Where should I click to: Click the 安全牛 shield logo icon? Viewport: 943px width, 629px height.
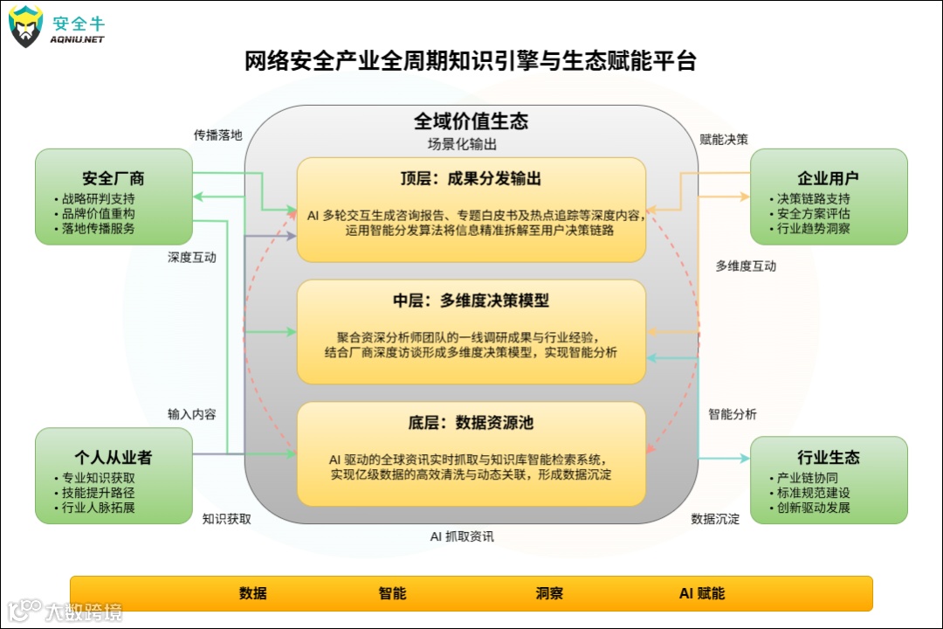point(26,26)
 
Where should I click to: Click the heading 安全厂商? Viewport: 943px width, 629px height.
point(114,179)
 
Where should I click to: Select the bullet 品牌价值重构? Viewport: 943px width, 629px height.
point(98,213)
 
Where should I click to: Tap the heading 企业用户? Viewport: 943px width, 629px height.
point(828,179)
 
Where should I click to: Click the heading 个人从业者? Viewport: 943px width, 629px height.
point(114,458)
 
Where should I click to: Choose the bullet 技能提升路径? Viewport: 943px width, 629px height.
point(98,493)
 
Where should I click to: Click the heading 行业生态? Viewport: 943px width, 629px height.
point(828,458)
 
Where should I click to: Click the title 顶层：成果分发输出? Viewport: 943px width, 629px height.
point(471,179)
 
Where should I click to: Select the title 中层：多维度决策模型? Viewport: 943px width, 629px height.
point(471,301)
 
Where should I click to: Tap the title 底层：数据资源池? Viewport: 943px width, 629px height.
point(471,423)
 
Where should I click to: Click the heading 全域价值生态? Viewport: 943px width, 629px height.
point(471,121)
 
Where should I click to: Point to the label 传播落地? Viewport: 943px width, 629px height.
point(217,135)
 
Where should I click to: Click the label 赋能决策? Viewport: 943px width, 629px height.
point(724,139)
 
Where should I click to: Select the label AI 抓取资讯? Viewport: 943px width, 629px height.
point(462,536)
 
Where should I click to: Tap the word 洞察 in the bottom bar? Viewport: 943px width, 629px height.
point(549,593)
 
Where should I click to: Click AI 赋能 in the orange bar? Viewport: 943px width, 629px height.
point(702,593)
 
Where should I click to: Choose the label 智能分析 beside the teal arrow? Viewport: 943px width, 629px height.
point(733,414)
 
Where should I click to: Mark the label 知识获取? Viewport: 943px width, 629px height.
point(227,519)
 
